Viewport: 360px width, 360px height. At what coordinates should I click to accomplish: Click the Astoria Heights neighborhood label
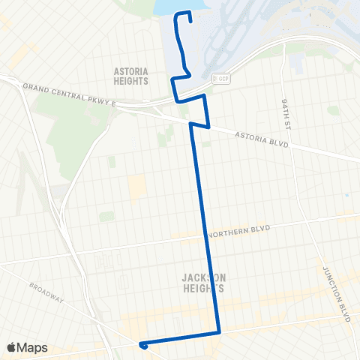click(130, 76)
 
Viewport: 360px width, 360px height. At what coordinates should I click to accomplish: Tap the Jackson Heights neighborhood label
click(203, 282)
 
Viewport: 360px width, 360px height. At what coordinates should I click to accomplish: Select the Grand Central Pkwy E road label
click(70, 95)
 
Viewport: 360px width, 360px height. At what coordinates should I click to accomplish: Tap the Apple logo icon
click(13, 347)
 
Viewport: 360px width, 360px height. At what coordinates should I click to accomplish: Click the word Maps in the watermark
click(33, 347)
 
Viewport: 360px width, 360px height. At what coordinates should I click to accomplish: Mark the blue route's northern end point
click(189, 21)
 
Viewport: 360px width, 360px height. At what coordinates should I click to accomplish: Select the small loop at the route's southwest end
click(142, 345)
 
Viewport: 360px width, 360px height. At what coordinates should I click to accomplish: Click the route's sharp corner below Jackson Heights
click(219, 331)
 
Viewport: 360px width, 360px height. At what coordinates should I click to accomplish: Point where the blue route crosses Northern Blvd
click(205, 235)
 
